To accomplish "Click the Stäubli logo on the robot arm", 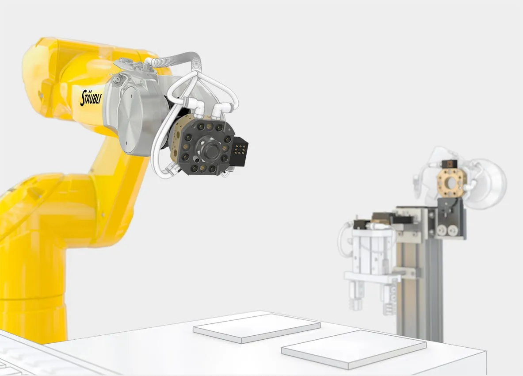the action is click(x=91, y=97).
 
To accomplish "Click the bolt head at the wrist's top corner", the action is click(x=117, y=79).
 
